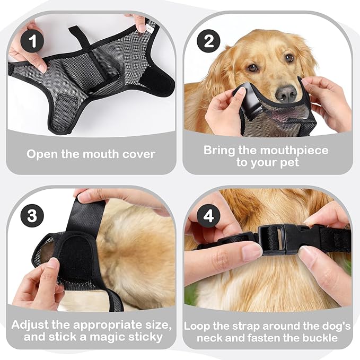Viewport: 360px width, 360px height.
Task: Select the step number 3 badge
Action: coord(32,216)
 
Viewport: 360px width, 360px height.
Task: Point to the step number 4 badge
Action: coord(208,216)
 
